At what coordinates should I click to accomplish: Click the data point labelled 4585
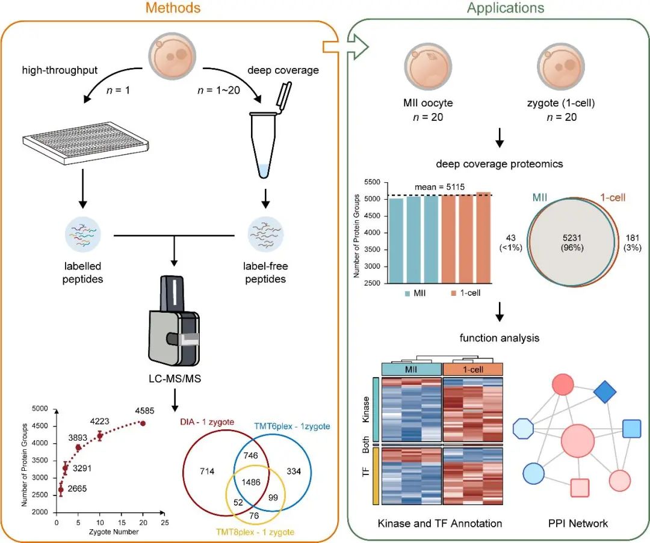pos(143,423)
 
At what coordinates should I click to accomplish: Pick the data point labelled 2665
pos(60,491)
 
